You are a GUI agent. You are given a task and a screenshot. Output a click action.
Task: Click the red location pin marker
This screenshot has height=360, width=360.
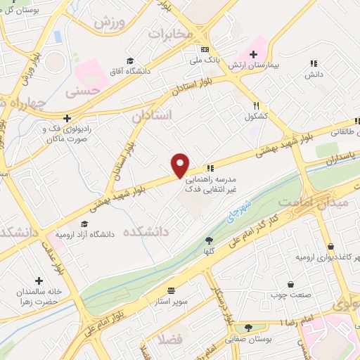181,165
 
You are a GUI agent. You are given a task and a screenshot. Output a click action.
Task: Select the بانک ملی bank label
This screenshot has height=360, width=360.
205,61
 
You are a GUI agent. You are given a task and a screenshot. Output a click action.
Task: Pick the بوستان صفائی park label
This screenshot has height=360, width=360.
249,337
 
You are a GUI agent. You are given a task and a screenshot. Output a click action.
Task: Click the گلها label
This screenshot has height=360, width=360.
209,250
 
